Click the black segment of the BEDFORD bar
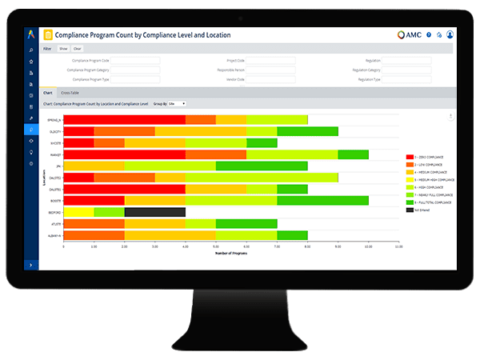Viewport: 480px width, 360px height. [x=155, y=212]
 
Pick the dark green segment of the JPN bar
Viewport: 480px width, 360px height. [x=322, y=169]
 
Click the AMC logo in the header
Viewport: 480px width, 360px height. [x=407, y=35]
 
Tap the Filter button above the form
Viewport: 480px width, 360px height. [x=47, y=45]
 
